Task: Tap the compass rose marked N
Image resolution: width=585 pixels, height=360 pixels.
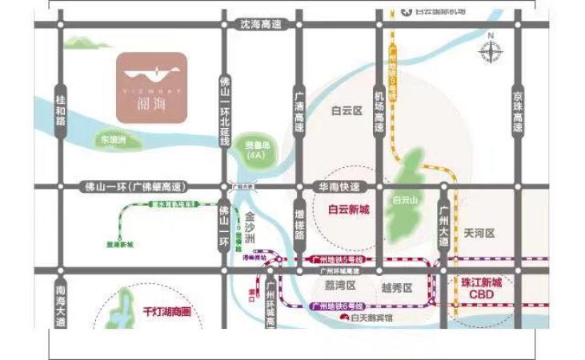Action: (x=490, y=51)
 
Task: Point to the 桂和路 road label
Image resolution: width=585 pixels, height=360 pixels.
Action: (x=60, y=111)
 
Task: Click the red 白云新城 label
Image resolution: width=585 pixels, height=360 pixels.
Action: (x=349, y=210)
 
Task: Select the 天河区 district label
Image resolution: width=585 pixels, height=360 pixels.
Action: (x=479, y=233)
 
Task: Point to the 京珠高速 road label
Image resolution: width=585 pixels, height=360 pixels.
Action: (x=518, y=111)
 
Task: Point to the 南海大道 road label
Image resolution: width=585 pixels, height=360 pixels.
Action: (x=60, y=308)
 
